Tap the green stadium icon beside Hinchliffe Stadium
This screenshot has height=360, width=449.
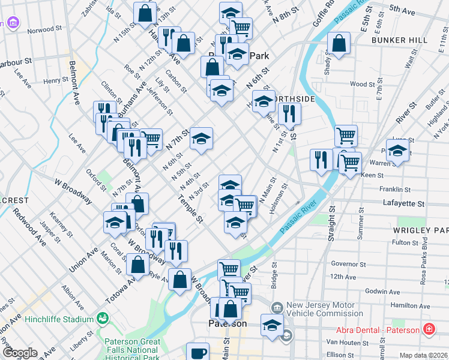click(x=102, y=317)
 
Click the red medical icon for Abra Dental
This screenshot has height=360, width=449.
click(x=429, y=329)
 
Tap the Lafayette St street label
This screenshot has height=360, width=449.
click(x=403, y=204)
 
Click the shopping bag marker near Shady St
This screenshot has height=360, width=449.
click(x=339, y=43)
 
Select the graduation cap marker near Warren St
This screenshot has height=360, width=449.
click(x=397, y=151)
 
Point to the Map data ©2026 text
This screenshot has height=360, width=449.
click(x=423, y=355)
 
